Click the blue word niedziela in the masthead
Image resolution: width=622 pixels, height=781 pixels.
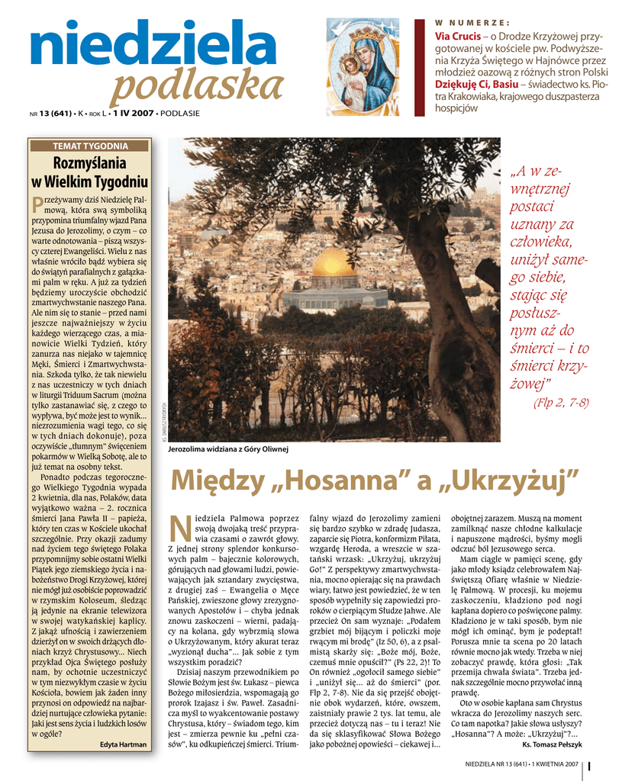pyautogui.click(x=153, y=48)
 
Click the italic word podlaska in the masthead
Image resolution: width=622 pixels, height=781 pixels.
pyautogui.click(x=196, y=88)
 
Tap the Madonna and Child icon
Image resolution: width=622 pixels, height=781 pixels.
pyautogui.click(x=363, y=66)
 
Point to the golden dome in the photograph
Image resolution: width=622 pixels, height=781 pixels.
pyautogui.click(x=334, y=263)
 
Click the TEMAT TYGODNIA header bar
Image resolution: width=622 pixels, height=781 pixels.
pyautogui.click(x=89, y=146)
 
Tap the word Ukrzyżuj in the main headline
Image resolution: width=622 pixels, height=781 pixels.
pyautogui.click(x=508, y=481)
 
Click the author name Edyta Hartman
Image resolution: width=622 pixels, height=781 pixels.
pyautogui.click(x=123, y=744)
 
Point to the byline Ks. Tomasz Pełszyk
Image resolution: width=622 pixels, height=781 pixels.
pyautogui.click(x=552, y=744)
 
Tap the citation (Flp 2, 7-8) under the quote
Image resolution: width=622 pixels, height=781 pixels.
pyautogui.click(x=560, y=403)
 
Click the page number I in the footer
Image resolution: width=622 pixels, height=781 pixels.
pyautogui.click(x=590, y=764)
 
